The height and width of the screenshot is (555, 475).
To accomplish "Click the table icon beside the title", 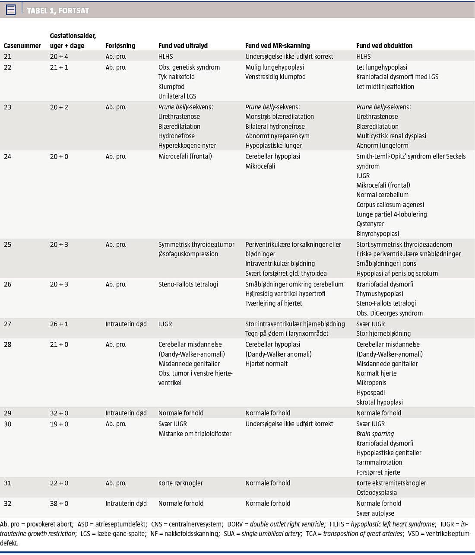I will click(x=11, y=10).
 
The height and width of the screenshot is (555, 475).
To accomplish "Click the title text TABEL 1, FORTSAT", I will click(x=58, y=10).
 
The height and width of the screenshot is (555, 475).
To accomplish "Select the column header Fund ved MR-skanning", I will click(x=277, y=45).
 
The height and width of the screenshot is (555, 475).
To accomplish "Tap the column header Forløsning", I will click(x=120, y=45).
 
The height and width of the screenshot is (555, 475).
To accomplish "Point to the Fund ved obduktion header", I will click(x=384, y=45).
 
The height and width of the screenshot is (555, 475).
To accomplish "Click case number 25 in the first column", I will click(x=8, y=244).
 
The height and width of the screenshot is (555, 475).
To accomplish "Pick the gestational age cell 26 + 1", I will click(x=59, y=324).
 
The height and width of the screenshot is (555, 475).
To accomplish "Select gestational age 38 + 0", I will click(x=59, y=503).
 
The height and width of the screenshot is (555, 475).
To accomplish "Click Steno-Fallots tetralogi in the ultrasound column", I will click(x=188, y=284).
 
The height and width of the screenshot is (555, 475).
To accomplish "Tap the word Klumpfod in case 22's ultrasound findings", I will click(x=171, y=86).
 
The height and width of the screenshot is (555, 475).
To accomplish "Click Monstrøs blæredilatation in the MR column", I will click(x=279, y=116).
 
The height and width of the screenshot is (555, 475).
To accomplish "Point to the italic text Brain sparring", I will click(x=375, y=434).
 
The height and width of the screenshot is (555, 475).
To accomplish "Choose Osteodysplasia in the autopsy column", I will click(x=377, y=492).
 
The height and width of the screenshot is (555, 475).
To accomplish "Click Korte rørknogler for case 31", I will click(x=180, y=483).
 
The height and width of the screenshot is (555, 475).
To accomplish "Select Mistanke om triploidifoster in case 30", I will click(x=195, y=434).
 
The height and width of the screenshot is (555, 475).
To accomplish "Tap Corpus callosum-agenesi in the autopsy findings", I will click(x=390, y=204).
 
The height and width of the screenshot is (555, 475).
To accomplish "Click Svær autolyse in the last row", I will click(x=375, y=513).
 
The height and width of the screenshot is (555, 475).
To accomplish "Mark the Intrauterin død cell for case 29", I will click(x=126, y=413).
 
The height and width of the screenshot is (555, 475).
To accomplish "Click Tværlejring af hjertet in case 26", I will click(x=273, y=303).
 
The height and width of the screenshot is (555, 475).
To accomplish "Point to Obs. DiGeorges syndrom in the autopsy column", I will click(x=389, y=313).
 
